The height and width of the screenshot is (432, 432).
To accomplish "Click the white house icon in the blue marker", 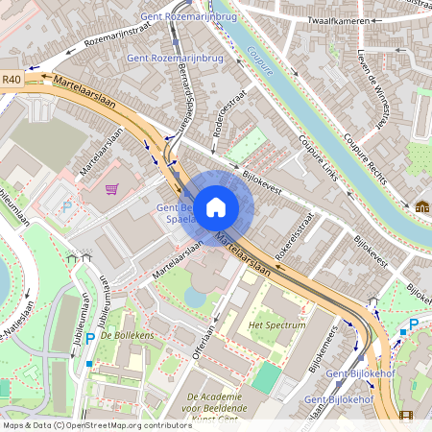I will (x=216, y=206).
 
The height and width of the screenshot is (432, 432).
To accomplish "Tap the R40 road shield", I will (x=12, y=81).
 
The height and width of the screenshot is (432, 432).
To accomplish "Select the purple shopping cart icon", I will (x=112, y=189).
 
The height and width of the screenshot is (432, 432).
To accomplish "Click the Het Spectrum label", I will (x=276, y=325).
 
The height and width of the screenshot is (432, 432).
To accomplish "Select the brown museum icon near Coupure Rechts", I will (x=421, y=206).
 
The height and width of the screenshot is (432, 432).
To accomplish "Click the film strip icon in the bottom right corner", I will (x=406, y=416).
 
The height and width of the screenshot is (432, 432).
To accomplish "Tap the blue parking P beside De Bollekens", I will (x=89, y=338).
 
